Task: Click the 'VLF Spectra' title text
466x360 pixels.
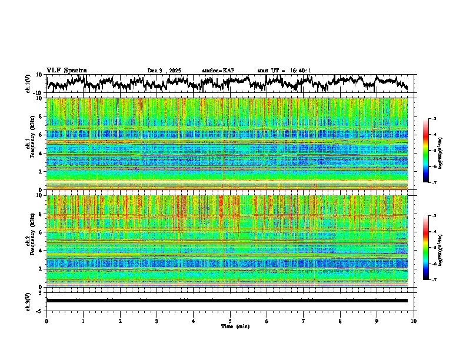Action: click(66, 71)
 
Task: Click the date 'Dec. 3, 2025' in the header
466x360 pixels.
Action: click(164, 71)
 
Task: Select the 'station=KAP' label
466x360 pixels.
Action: click(218, 71)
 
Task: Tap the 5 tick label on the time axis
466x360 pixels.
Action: click(230, 321)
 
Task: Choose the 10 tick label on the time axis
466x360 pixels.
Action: click(414, 321)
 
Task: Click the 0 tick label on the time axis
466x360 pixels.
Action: click(46, 321)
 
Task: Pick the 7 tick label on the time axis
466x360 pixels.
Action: click(304, 321)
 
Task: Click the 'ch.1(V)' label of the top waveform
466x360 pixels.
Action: click(28, 83)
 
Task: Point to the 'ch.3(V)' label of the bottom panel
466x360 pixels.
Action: click(28, 300)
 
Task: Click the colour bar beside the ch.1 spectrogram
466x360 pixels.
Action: click(425, 151)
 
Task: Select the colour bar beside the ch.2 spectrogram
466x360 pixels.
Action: click(425, 248)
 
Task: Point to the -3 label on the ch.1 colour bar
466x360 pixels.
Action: click(433, 119)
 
